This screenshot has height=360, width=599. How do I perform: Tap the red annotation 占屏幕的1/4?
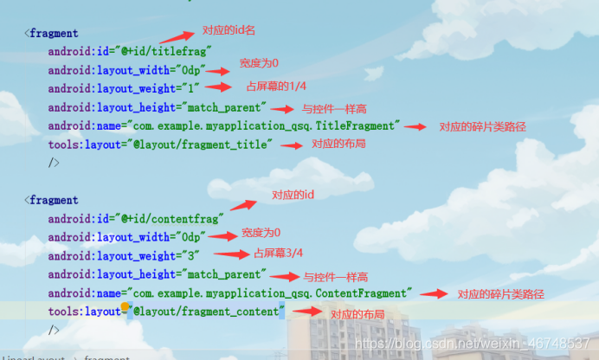pos(275,87)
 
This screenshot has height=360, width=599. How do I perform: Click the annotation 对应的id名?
pos(229,30)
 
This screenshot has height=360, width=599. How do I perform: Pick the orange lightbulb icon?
pos(126,307)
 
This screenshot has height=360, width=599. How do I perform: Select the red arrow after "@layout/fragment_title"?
pos(294,145)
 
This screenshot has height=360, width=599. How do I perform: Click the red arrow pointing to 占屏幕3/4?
pos(230,254)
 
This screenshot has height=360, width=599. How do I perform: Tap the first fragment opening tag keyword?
pos(54,34)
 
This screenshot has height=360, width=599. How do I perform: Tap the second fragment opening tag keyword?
pos(54,200)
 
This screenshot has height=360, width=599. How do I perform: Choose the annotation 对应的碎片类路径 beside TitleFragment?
pos(482,126)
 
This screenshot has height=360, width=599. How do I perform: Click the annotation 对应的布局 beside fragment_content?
pos(357,315)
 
